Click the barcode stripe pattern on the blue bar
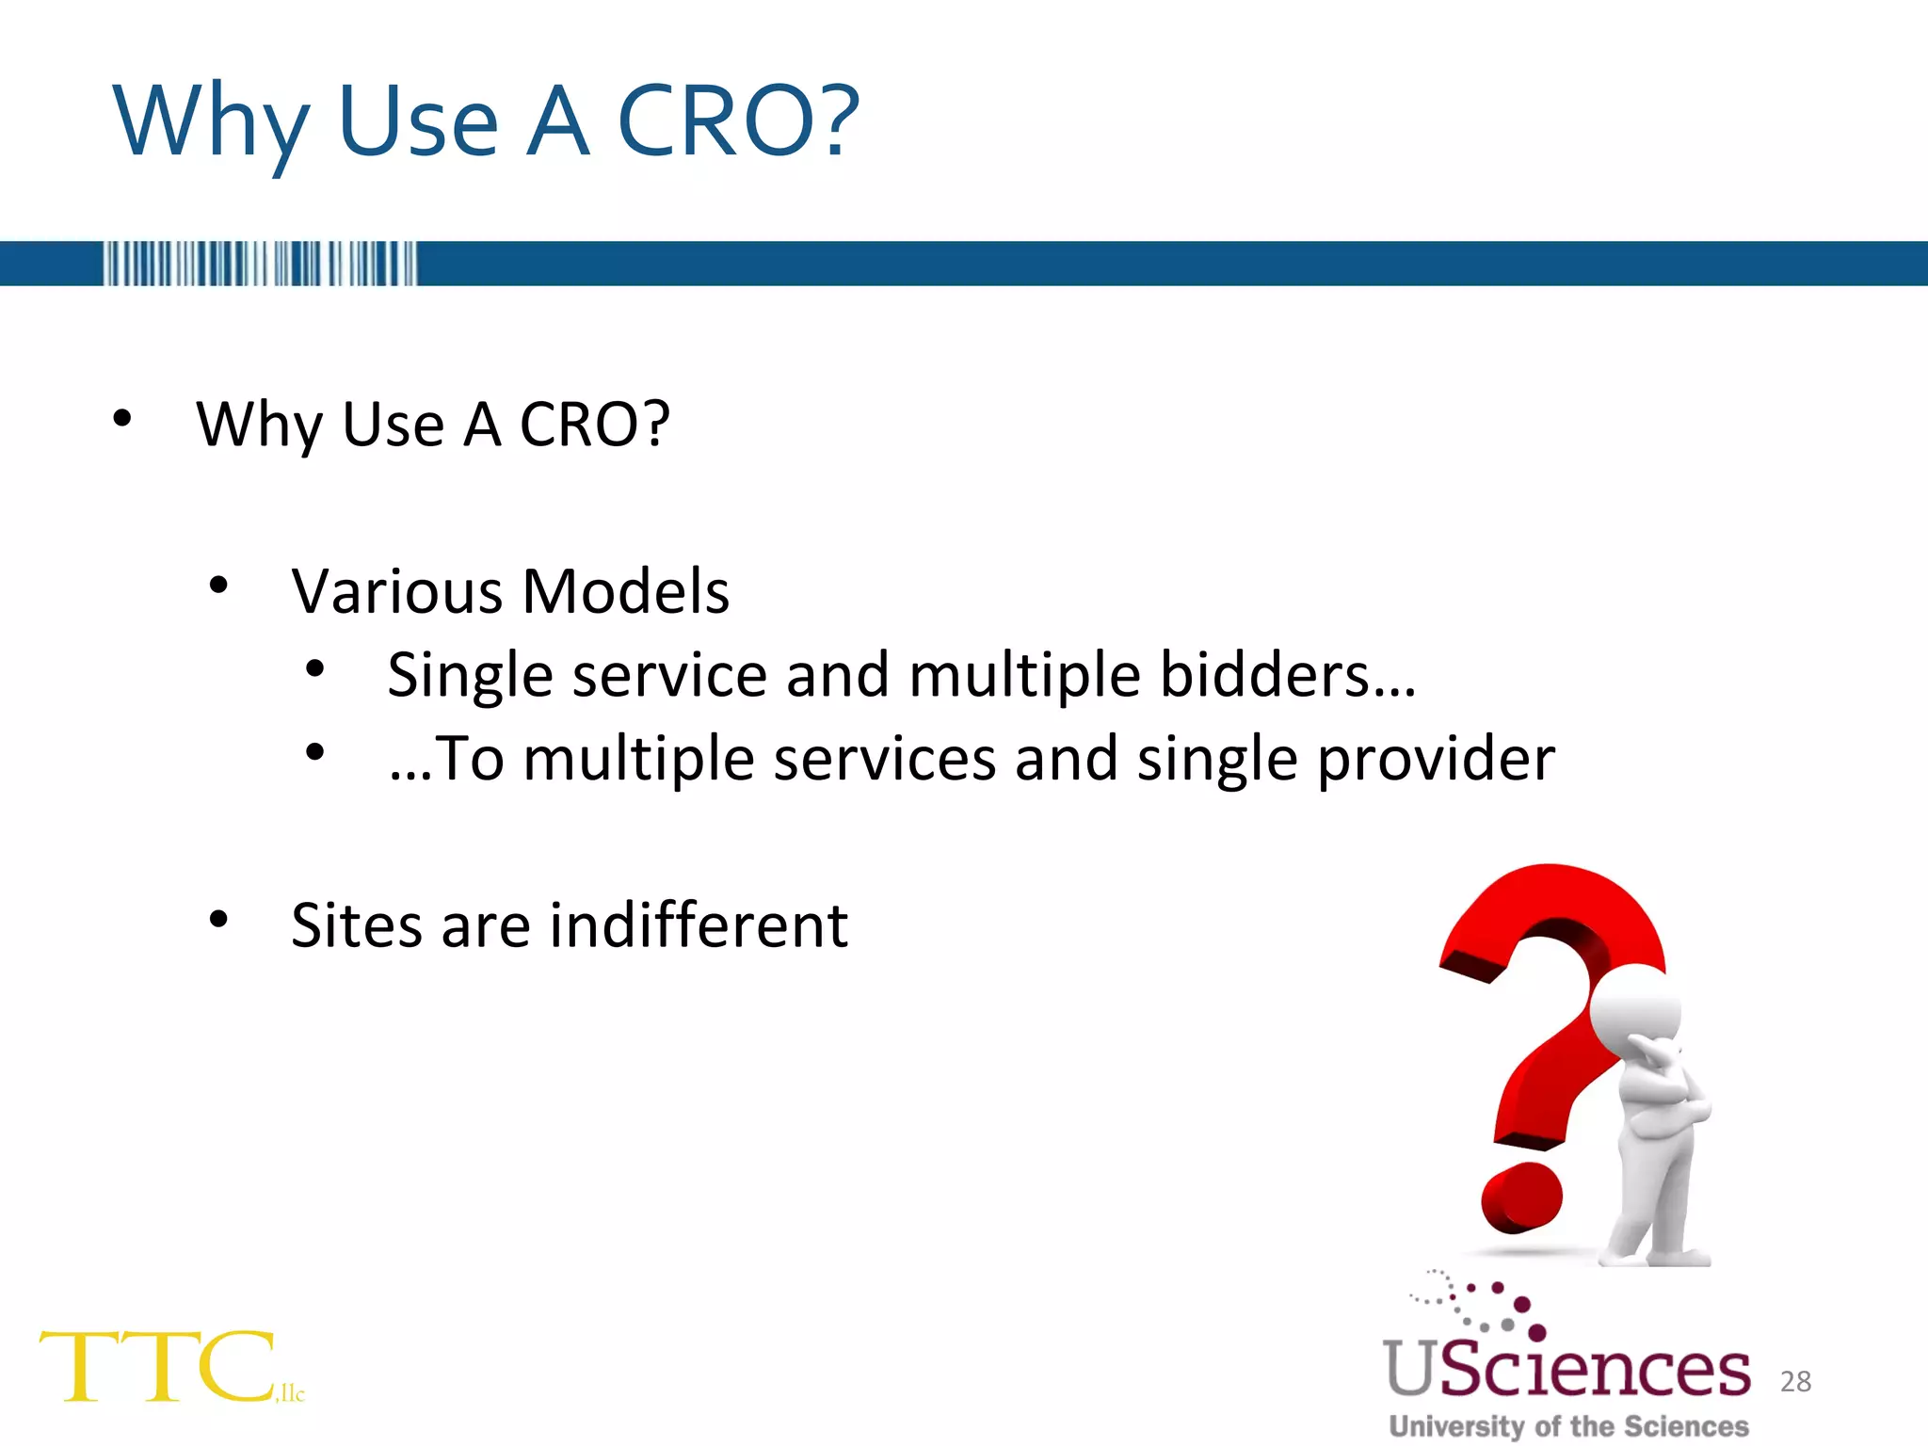tap(260, 264)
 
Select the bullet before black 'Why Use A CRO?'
tap(121, 418)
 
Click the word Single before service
tap(469, 677)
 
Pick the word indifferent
tap(699, 924)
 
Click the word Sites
tap(357, 924)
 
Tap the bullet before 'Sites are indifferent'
tap(218, 919)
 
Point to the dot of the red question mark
tap(1521, 1197)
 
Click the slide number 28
tap(1795, 1381)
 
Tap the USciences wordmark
tap(1566, 1369)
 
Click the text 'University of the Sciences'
tap(1568, 1426)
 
